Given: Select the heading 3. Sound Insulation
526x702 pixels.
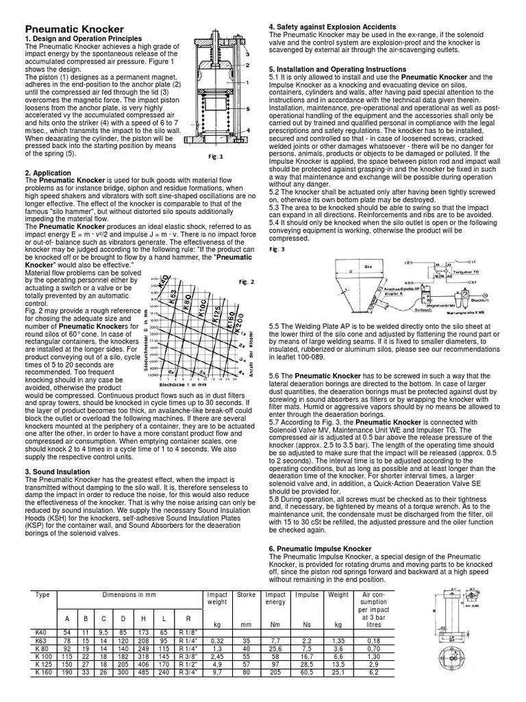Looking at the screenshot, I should click(x=58, y=472).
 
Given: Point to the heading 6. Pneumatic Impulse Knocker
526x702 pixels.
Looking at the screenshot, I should click(x=325, y=538).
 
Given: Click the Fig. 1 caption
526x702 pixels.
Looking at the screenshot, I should click(x=216, y=156).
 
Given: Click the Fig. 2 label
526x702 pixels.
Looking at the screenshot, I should click(x=247, y=282).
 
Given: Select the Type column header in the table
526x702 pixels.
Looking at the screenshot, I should click(x=42, y=594).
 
